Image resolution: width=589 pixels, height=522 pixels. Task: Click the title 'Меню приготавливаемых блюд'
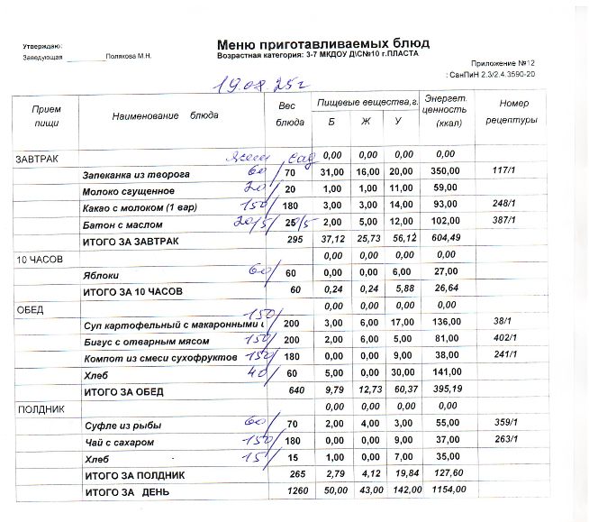pos(322,43)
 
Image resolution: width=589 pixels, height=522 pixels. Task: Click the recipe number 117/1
pos(504,171)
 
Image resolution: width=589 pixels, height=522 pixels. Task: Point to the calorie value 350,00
pos(445,171)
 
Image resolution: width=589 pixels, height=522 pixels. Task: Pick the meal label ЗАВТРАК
pos(37,159)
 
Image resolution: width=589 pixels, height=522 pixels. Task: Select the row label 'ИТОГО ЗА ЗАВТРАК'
pos(131,241)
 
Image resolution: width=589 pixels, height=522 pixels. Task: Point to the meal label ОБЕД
pos(30,308)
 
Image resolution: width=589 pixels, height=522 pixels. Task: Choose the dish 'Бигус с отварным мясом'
pos(146,342)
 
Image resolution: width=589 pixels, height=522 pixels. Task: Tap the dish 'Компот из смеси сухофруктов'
pos(154,360)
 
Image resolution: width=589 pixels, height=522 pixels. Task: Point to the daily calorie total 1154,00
pos(447,490)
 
